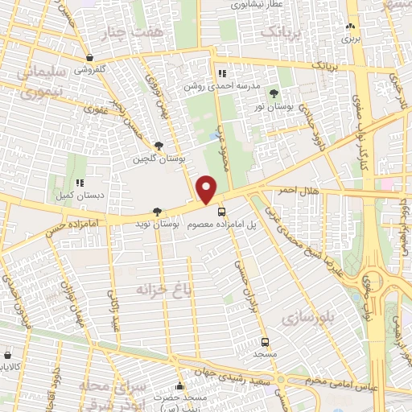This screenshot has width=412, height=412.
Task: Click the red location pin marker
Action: (x=207, y=189)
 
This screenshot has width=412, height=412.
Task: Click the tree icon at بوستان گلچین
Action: (x=159, y=146)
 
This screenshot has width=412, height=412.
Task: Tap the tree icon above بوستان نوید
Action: (x=156, y=212)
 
